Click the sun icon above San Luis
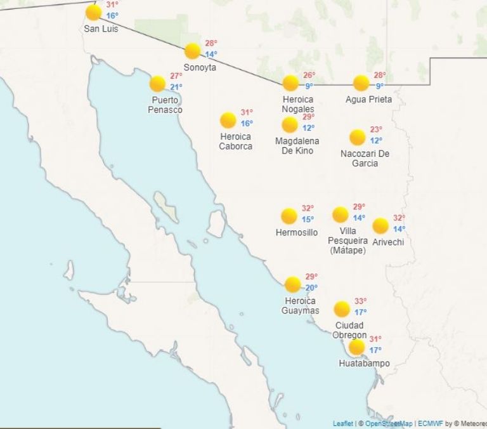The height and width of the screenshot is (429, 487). [93, 12]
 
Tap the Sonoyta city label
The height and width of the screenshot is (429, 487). [200, 67]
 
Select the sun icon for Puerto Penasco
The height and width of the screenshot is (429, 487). [157, 83]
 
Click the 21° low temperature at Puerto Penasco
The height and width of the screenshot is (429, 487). [176, 87]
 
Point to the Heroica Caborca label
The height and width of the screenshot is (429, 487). [235, 142]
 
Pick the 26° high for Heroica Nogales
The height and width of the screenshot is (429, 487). [309, 75]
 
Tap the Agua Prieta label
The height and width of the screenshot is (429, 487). [368, 100]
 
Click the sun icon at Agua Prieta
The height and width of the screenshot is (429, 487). [361, 82]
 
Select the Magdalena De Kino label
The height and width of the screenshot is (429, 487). [297, 146]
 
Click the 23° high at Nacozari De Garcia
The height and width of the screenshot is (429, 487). [376, 129]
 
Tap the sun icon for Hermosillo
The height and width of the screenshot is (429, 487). [289, 216]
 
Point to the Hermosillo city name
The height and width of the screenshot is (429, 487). [297, 233]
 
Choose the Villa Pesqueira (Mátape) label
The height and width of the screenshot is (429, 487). [347, 241]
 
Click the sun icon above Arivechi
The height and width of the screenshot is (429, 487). [380, 225]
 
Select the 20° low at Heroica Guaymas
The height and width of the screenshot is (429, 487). [311, 287]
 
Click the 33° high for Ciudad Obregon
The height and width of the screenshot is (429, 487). [360, 301]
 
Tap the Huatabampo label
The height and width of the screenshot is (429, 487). [364, 364]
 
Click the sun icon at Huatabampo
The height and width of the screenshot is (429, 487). [356, 346]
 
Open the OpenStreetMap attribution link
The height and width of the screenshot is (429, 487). [389, 423]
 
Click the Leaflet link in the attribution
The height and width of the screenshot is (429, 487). [343, 423]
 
